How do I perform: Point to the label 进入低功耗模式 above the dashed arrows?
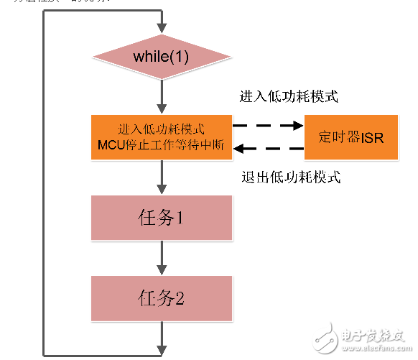point(287,96)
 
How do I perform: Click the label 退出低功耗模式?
point(287,177)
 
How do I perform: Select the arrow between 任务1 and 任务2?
point(162,257)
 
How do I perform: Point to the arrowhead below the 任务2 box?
point(162,346)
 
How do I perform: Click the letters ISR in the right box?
point(371,137)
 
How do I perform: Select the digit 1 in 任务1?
point(181,217)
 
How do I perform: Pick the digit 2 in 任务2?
point(181,297)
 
